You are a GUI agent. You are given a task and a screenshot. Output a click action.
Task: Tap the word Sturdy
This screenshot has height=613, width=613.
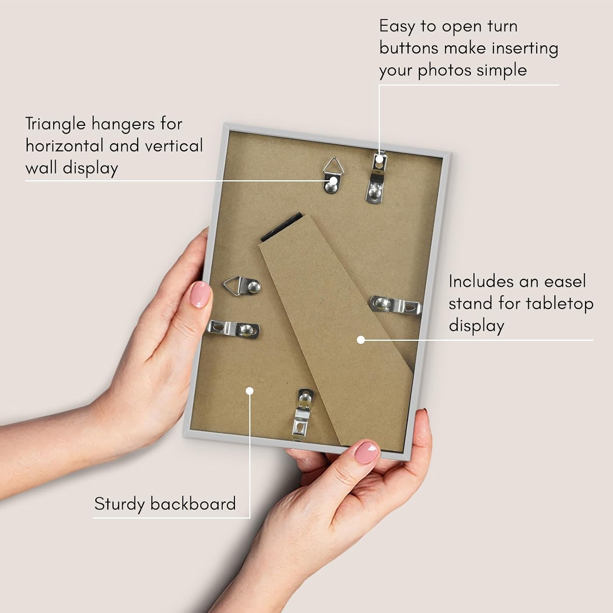119,504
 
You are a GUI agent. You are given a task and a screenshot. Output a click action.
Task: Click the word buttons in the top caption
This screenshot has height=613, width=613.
409,48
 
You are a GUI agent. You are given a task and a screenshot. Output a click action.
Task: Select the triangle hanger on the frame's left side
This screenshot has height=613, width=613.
242,285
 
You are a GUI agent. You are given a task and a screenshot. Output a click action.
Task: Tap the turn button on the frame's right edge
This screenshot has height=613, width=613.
395,304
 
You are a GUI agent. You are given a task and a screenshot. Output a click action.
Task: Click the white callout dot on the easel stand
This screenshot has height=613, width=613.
360,340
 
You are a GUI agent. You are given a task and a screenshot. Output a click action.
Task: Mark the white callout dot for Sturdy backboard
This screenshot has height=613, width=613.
250,391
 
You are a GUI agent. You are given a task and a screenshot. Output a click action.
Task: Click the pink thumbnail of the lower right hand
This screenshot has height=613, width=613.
366,452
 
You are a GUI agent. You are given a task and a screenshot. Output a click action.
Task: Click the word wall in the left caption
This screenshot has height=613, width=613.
41,168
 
